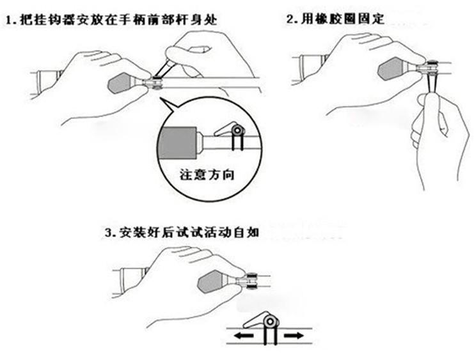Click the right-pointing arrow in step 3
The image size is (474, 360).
pos(296,335)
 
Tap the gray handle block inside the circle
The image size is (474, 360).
pos(179,141)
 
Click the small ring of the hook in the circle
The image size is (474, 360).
pos(237,131)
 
